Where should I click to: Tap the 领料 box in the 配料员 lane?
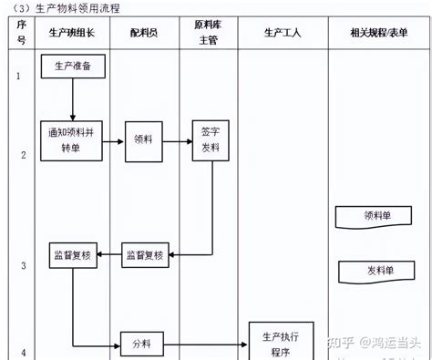coord(143,140)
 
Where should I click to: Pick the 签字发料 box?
coord(210,139)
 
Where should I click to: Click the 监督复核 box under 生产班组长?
coord(73,254)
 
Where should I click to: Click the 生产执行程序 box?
coord(281,340)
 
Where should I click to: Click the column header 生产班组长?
coord(72,32)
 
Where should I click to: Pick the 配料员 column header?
coord(145,32)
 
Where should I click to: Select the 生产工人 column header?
coord(282,32)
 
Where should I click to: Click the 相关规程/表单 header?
coord(378,32)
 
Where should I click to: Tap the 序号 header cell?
coord(20,32)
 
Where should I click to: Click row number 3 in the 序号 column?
coord(20,265)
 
